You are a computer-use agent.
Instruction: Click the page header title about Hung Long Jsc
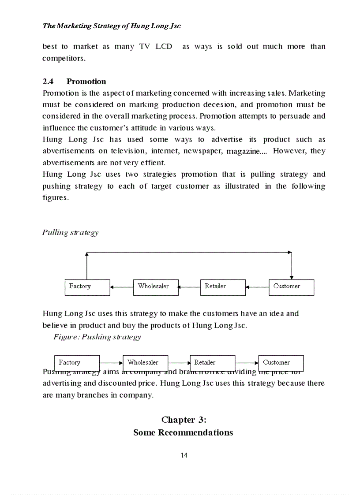coord(112,26)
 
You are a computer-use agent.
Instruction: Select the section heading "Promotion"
coord(86,82)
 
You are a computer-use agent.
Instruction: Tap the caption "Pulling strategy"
coord(70,232)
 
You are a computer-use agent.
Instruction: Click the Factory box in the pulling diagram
coord(87,287)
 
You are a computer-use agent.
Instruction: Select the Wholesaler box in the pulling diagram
coord(155,287)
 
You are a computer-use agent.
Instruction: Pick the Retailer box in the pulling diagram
coord(223,287)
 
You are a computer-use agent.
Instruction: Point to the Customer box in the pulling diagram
coord(291,287)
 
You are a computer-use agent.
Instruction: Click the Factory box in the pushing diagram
coord(77,363)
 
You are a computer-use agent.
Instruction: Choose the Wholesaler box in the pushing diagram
coord(145,363)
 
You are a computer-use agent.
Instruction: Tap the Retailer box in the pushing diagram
coord(212,363)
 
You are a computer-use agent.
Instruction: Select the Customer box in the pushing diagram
coord(281,363)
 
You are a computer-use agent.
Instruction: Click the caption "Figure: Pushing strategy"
coord(97,337)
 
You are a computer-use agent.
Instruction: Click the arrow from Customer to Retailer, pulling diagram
coord(257,287)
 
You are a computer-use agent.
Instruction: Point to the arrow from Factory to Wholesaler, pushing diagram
coord(111,363)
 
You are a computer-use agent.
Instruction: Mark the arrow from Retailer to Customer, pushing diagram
coord(247,363)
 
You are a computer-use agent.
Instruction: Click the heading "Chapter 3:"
coord(184,420)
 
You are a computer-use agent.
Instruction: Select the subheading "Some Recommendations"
coord(183,432)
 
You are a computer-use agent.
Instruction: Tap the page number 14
coord(184,455)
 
